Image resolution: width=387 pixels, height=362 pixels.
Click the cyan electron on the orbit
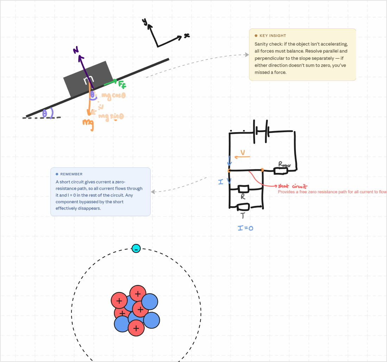[x=136, y=248]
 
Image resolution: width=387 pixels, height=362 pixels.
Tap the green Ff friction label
[x=122, y=84]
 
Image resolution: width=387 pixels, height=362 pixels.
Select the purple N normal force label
[x=76, y=51]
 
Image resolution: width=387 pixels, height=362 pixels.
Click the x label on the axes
[x=186, y=35]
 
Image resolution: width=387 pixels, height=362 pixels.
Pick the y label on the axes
[x=144, y=22]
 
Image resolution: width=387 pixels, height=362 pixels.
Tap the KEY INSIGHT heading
[x=273, y=35]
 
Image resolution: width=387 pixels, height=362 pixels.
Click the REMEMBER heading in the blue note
[x=71, y=174]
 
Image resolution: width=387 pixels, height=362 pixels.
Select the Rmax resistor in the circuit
[x=281, y=171]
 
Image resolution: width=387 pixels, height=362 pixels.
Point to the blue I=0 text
[x=246, y=228]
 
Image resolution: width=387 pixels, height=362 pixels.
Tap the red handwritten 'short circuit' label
[x=293, y=186]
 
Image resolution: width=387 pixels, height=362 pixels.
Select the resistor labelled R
[x=243, y=189]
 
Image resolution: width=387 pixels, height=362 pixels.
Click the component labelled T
[x=243, y=207]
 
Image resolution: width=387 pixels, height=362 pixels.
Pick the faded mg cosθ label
[x=113, y=95]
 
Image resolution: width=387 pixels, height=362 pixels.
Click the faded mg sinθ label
[x=111, y=117]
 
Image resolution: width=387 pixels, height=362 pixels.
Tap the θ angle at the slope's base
[x=45, y=113]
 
